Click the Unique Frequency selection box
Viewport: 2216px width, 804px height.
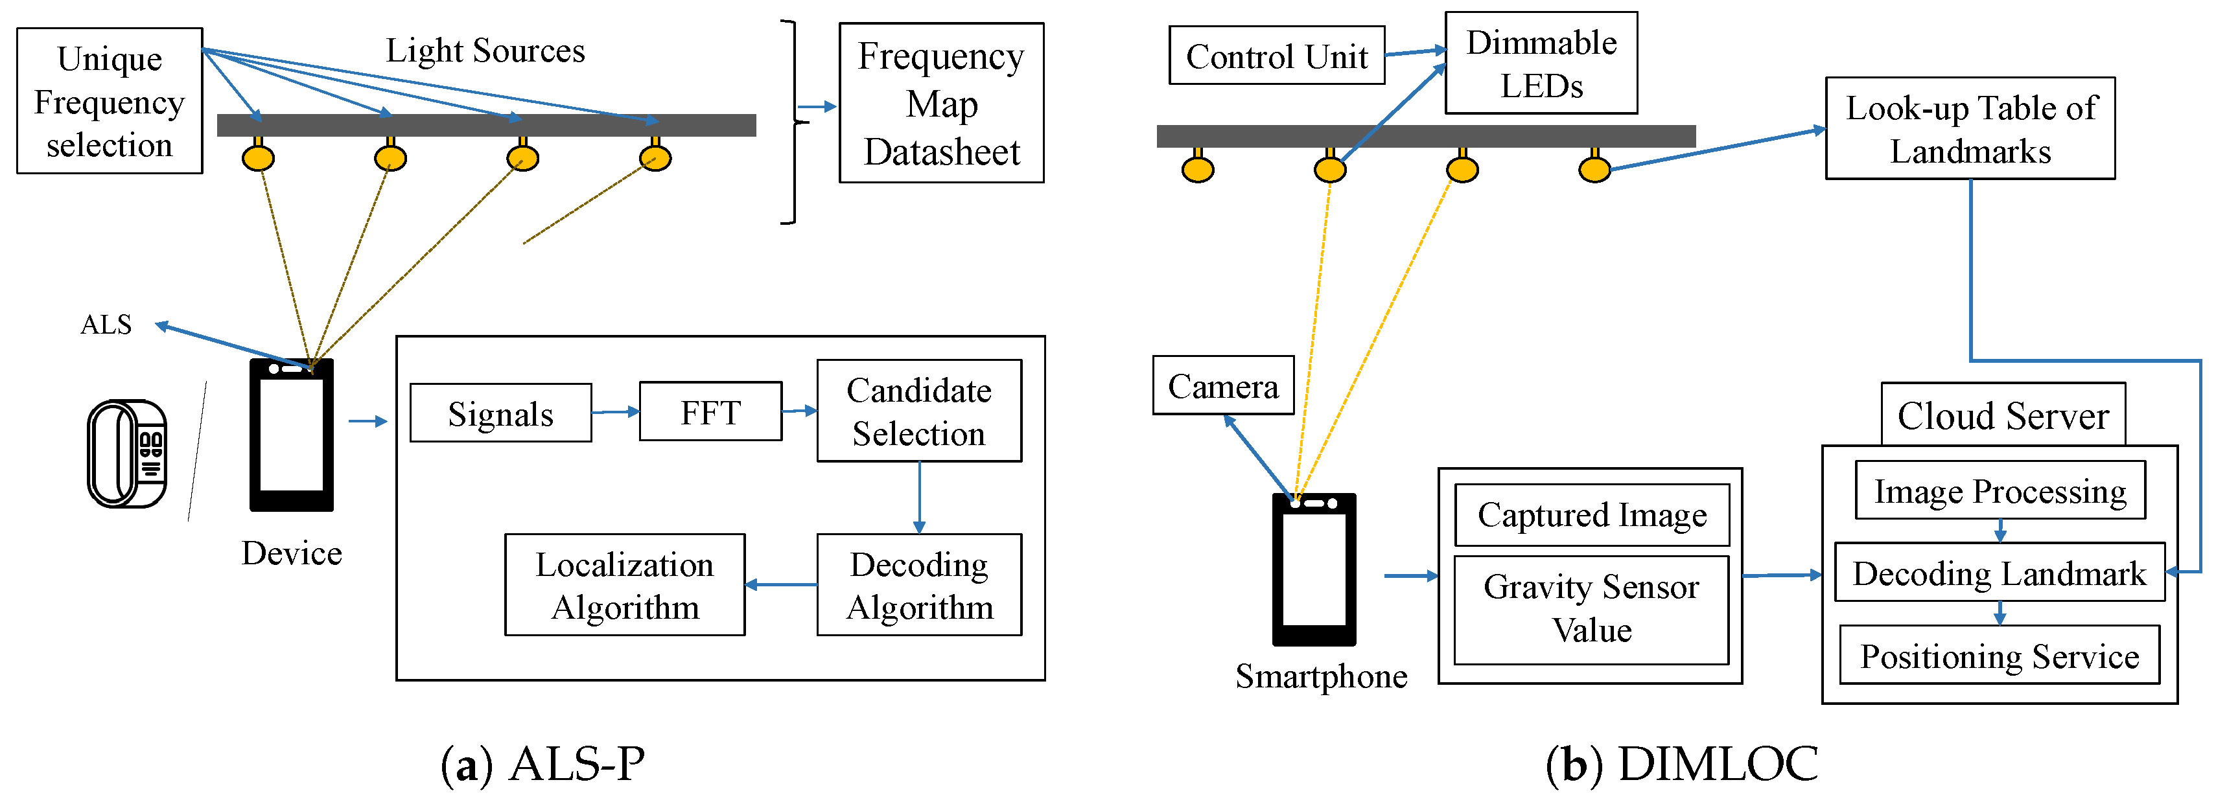110,102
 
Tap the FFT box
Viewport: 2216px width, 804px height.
710,412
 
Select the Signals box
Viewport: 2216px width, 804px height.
500,413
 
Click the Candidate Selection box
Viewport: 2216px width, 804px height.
919,411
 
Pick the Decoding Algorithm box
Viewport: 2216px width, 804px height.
919,585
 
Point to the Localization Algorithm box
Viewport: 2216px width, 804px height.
625,585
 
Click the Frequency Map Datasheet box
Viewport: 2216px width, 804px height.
941,103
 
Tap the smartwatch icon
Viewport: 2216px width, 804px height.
127,453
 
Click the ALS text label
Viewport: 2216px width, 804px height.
106,324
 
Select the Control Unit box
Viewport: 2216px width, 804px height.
1277,56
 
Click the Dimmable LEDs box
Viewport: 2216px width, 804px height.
1541,63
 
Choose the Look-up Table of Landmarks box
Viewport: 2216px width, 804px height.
1970,129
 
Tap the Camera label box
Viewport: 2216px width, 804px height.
1222,386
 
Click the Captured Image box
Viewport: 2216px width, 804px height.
1591,515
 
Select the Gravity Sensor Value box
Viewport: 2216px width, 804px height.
1591,609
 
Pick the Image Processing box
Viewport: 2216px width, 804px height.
2000,491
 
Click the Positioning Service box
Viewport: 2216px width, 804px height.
2000,656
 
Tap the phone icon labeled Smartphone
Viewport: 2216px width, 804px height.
1314,569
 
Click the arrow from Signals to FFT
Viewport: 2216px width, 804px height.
615,412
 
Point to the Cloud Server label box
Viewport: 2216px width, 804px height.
2003,415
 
